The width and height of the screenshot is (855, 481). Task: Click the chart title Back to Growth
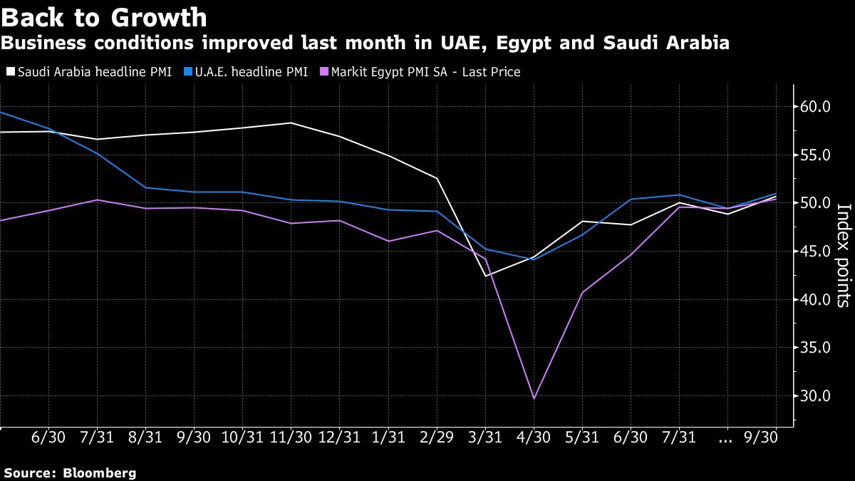105,17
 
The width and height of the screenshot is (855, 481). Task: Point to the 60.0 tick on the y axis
816,107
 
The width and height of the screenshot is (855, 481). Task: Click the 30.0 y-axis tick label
816,396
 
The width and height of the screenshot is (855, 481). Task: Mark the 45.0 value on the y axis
816,252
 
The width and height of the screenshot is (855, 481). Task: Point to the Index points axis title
843,255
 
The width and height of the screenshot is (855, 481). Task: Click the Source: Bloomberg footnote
70,472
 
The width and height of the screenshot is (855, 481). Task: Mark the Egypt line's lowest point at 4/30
534,398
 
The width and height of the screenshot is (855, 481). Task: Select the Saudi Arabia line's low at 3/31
485,276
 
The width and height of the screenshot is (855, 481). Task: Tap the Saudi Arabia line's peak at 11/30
291,123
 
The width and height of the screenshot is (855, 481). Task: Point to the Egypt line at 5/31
582,292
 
